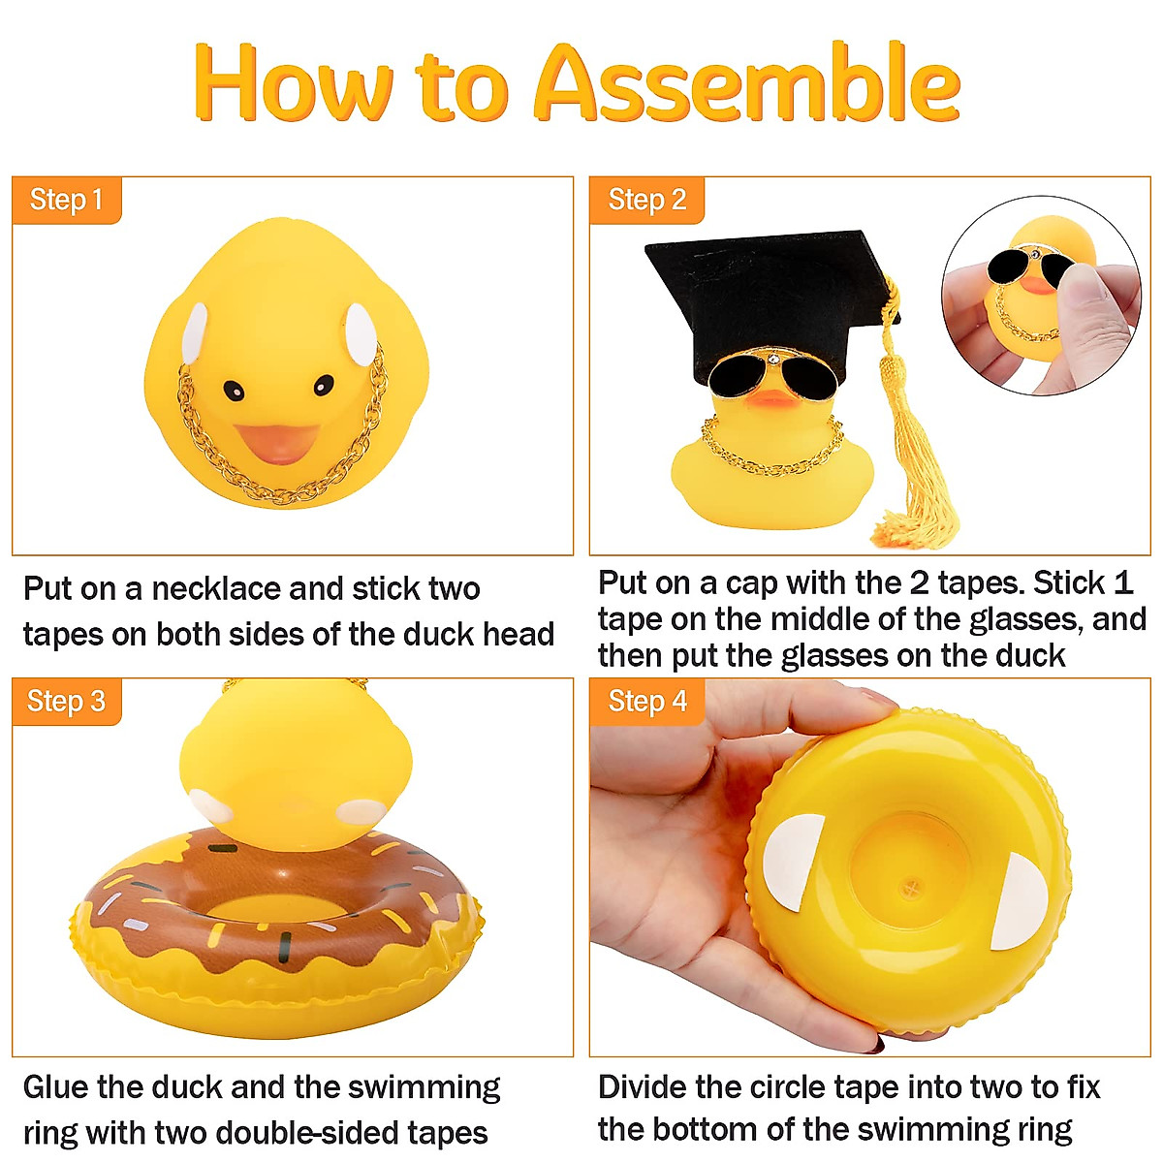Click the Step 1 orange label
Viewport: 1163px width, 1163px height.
pos(66,201)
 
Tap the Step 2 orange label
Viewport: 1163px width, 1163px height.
pos(646,201)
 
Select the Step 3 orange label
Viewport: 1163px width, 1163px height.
pos(66,702)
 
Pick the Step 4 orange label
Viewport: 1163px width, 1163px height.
pos(646,702)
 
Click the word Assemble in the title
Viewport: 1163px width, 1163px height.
pos(746,85)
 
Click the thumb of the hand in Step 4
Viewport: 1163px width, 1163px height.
pos(678,746)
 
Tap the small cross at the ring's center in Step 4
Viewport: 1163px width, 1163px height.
pos(910,886)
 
